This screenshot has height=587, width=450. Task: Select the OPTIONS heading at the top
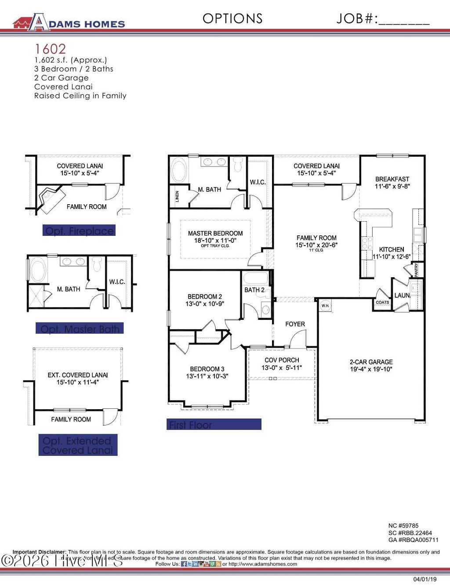click(x=232, y=18)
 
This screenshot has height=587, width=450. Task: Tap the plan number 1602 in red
click(x=50, y=49)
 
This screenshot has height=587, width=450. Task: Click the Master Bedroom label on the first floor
click(x=215, y=234)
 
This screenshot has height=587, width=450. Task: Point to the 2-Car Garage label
click(x=371, y=362)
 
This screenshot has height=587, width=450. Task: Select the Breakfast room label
click(x=392, y=179)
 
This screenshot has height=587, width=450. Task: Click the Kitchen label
click(x=392, y=249)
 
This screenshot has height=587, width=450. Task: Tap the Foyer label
click(x=295, y=324)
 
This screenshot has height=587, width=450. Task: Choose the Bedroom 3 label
click(x=207, y=369)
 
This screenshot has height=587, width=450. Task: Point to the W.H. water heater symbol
click(x=325, y=306)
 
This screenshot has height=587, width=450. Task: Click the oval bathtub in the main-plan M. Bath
click(x=178, y=171)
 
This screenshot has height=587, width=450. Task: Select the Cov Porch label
click(x=282, y=360)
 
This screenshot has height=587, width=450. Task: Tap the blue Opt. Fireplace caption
click(x=79, y=231)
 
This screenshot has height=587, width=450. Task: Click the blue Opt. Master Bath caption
click(x=80, y=329)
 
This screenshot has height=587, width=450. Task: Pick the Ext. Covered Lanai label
click(x=78, y=375)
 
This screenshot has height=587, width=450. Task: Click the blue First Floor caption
click(x=214, y=425)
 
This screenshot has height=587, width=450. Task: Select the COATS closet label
click(x=382, y=302)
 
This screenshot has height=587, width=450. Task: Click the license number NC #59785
click(x=403, y=525)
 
